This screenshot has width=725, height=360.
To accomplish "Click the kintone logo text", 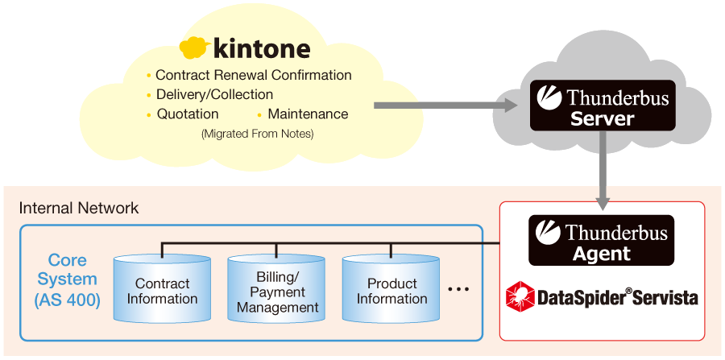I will tap(262, 48).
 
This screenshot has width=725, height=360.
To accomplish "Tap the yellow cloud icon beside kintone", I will tap(194, 48).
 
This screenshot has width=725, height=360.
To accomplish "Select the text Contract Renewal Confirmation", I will tap(254, 75).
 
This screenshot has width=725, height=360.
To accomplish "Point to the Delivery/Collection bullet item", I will tap(214, 94).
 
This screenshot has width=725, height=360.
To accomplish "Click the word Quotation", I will tap(188, 114).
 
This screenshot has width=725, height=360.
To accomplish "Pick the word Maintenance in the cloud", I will tap(308, 114).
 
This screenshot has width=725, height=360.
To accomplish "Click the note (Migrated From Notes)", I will tap(257, 134).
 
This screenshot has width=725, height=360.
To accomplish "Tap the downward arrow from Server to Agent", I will tap(603, 172).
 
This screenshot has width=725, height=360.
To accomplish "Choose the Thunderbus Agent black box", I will tap(601, 240).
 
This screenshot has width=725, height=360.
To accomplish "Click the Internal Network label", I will tap(79, 209).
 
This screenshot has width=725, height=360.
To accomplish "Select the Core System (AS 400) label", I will tap(67, 280).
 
